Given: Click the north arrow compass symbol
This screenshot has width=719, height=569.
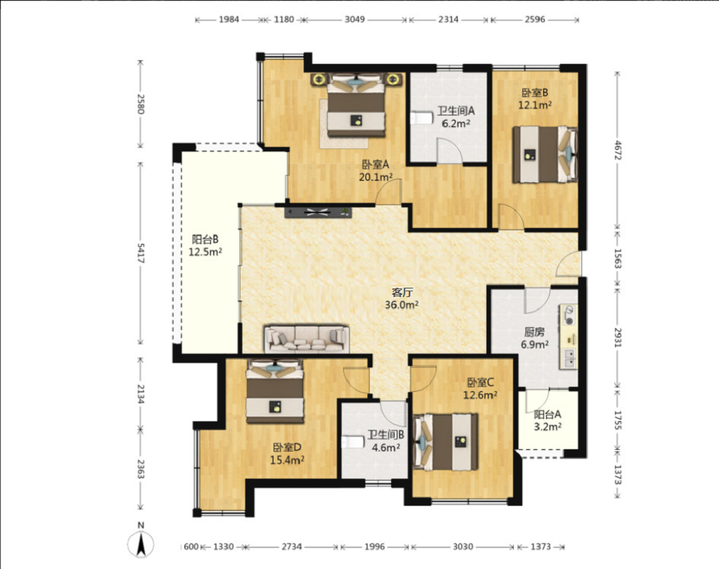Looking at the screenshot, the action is point(141,545).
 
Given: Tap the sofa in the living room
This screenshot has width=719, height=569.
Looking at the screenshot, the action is point(306,339).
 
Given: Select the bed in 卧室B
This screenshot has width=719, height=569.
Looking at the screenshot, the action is point(545,154).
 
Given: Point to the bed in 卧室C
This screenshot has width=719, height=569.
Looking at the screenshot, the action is point(446,442).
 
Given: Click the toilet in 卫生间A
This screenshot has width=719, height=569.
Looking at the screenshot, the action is point(422,118).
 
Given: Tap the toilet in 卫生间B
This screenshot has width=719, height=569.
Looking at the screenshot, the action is point(354,442).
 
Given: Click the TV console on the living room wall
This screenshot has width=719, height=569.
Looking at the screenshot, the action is point(318,212).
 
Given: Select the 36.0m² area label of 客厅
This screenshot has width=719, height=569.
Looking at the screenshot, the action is point(402,304).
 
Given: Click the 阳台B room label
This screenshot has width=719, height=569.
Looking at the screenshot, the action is point(205,239).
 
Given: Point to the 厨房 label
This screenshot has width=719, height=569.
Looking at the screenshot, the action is point(534,331).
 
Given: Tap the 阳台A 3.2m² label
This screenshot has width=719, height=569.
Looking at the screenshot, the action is point(548,420).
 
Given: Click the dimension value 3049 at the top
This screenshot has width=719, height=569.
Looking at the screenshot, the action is point(354,19).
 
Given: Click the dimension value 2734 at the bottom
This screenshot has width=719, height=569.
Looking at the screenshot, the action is point(291,547).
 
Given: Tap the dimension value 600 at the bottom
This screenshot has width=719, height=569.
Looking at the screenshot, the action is point(191,547).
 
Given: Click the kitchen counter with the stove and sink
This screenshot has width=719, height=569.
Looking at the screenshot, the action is point(568,337).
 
